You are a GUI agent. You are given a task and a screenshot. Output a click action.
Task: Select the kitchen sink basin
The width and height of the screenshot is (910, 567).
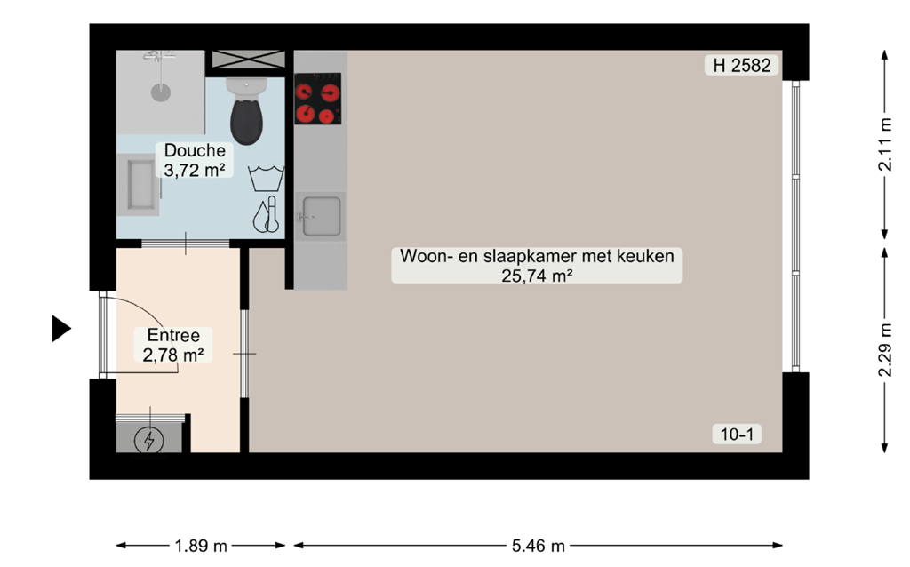coord(320,215)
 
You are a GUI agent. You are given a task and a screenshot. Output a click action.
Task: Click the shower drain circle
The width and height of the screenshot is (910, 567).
coord(160,91)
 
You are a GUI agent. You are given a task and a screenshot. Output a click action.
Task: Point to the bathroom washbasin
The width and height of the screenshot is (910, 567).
coord(139,187)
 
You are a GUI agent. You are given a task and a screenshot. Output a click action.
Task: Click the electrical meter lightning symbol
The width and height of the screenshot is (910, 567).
coord(148,439)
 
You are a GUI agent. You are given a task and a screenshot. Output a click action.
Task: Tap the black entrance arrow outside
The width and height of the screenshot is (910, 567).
coord(60,329)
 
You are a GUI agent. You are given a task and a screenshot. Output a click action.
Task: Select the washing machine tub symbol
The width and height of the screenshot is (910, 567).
coord(266,178)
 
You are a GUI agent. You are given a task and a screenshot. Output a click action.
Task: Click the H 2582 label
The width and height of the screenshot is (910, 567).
coord(742,65)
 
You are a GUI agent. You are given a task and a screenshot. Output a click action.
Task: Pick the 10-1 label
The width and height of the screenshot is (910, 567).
coord(737,434)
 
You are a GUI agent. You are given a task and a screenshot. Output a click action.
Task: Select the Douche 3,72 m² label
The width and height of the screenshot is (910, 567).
coord(194,160)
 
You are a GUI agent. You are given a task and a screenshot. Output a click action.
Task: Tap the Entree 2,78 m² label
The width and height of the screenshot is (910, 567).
coord(174,346)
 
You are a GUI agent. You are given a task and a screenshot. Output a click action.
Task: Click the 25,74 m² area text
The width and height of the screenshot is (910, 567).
coord(537,276)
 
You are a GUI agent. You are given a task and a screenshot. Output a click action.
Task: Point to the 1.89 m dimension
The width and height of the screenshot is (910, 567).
coord(202,545)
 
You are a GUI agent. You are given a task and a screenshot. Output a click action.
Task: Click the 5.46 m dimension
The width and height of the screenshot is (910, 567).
coord(538,545)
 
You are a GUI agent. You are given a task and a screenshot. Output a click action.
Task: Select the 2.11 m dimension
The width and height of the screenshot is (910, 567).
coord(885,145)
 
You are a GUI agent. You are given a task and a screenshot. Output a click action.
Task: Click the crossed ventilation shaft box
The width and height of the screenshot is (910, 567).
coord(247,60)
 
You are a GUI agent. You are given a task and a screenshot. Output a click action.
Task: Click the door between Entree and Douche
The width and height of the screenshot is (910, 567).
coord(185,243)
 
